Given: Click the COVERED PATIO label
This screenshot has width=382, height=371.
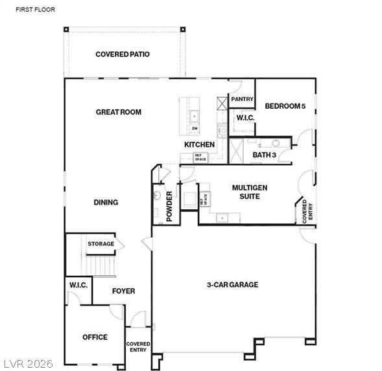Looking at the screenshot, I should (122, 54).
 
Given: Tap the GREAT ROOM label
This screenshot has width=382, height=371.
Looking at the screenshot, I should (118, 112).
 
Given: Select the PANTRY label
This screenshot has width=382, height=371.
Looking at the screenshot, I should (241, 99).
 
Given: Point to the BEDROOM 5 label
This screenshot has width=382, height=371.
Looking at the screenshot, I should (285, 106).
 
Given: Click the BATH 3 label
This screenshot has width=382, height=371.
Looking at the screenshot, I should (264, 155).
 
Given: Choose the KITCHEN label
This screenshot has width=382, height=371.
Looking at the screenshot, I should (199, 144).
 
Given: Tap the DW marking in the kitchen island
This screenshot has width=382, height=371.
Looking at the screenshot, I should (194, 128).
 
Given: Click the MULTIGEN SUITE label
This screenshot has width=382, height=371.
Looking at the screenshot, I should (250, 192).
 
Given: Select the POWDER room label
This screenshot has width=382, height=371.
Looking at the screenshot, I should (169, 207).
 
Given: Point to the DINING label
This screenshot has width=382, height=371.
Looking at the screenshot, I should (105, 202).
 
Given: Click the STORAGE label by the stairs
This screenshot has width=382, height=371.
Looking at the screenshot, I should (101, 244).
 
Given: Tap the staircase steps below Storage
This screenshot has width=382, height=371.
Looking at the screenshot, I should (102, 265).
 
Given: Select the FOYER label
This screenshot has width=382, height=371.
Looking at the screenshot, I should (123, 291).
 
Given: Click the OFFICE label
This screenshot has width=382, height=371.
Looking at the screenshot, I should (95, 337).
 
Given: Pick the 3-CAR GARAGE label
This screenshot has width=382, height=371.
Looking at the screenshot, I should (232, 284).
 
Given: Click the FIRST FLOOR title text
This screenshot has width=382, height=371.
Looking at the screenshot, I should (36, 10).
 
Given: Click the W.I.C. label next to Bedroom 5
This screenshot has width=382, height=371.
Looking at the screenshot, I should (245, 118).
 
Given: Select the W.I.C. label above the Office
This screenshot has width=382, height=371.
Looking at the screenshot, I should (78, 285).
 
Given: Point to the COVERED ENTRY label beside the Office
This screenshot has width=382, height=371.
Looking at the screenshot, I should (137, 346).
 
